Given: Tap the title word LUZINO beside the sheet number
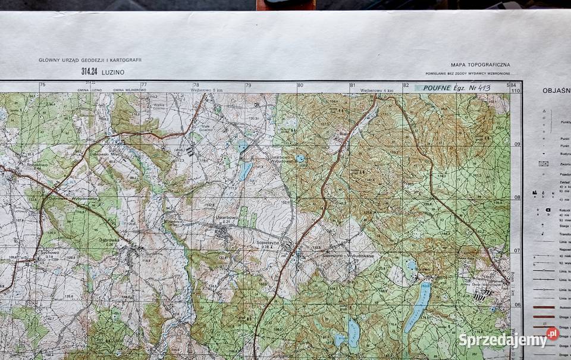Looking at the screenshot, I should (x=113, y=71).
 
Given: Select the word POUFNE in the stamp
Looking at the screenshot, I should (x=437, y=87).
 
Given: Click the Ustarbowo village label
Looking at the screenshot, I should (x=227, y=218).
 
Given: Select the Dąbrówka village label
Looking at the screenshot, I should (x=109, y=240).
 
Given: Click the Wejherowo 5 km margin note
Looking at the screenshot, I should (x=206, y=90).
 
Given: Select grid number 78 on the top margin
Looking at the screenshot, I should (x=196, y=85).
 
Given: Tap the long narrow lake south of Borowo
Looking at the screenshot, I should (x=418, y=306).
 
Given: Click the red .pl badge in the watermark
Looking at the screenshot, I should (x=552, y=333).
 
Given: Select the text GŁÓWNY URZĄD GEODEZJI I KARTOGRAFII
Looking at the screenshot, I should (x=90, y=60).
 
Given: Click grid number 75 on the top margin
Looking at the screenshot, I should (x=42, y=85).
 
